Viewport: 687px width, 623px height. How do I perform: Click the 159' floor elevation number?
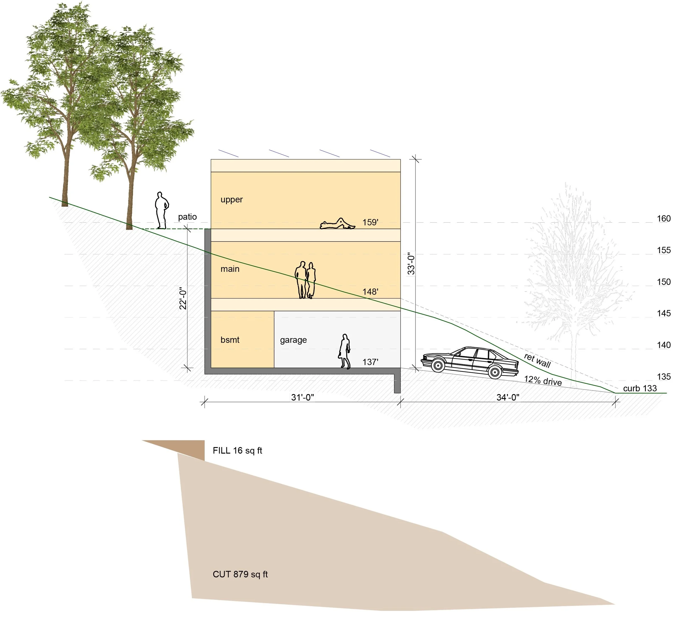[370, 222]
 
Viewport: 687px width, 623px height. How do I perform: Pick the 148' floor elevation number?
[370, 292]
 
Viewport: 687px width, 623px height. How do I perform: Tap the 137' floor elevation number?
[370, 362]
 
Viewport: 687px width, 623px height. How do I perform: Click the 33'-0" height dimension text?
[411, 263]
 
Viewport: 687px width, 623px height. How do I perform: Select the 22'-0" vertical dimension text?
[183, 298]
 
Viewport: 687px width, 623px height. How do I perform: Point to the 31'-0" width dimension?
[302, 397]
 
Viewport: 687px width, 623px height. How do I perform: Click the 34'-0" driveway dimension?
[508, 397]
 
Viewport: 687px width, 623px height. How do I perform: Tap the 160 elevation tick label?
[663, 218]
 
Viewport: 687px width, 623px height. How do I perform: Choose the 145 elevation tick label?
[663, 313]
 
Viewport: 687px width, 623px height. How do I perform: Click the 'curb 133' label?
[640, 388]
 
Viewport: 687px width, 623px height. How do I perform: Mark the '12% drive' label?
[542, 381]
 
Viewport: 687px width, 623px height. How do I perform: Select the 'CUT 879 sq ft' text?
[240, 574]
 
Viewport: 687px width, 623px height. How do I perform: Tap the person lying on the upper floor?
[337, 224]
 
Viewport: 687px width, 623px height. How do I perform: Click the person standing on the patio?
[162, 210]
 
